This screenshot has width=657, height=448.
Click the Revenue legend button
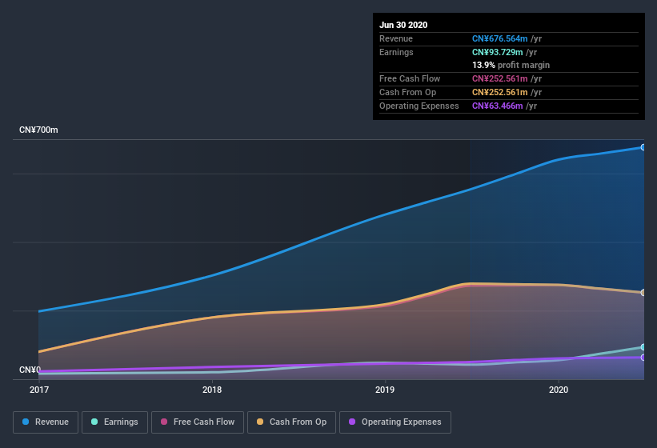pos(46,422)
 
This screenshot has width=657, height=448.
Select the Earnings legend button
pos(114,422)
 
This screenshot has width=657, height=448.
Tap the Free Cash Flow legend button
pos(198,422)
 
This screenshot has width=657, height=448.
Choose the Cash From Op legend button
pos(291,422)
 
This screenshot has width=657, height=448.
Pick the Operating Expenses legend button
pos(395,422)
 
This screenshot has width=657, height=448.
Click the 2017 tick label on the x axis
pos(39,390)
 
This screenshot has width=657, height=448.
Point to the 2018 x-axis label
pos(212,390)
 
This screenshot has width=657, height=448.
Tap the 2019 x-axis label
pos(385,390)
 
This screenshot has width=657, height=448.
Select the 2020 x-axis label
pos(559,390)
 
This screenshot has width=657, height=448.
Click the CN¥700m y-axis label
pos(38,130)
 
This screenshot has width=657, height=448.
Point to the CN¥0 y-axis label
pos(30,370)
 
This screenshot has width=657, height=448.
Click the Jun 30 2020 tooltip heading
pos(403,25)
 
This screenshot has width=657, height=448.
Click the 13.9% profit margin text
pos(511,65)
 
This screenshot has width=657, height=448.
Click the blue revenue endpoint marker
pos(643,147)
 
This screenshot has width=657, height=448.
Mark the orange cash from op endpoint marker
pos(643,293)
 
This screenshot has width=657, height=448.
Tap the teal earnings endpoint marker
pos(643,347)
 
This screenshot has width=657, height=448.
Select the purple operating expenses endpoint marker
pos(643,358)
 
